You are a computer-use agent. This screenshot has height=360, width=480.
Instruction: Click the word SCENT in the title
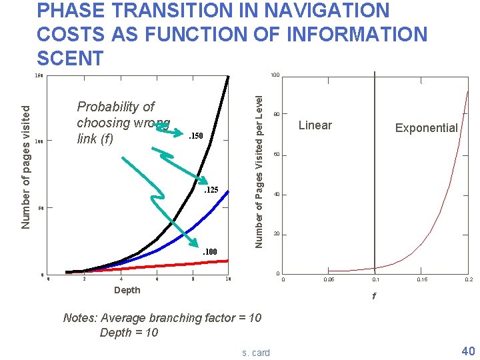point(71,57)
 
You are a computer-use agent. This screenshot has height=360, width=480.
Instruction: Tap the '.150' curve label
point(194,137)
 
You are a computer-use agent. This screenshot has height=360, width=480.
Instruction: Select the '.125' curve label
point(210,191)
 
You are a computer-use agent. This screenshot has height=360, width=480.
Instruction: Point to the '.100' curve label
point(210,251)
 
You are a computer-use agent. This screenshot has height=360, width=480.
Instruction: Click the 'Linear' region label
point(315,125)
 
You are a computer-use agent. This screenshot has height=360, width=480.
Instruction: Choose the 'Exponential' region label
point(426,128)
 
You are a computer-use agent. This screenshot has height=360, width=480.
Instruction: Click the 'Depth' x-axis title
point(127,290)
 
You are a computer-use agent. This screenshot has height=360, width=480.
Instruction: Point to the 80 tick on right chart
point(275,113)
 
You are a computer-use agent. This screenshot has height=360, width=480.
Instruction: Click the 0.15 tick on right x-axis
point(422,280)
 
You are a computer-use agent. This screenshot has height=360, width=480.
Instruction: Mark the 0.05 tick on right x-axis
point(329,280)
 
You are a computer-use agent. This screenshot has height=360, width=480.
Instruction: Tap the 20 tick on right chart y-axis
point(275,234)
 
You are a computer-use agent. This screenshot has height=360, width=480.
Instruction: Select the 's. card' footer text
point(256,353)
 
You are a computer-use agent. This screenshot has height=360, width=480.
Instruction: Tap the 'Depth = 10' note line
point(129,332)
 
